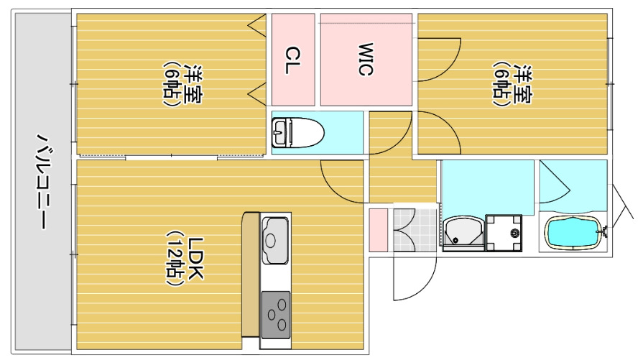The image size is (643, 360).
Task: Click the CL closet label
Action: [x=293, y=60]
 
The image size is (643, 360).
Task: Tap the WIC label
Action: [x=365, y=59]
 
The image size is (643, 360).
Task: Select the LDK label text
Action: [x=195, y=259]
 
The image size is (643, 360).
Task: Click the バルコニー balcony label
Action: [x=42, y=181]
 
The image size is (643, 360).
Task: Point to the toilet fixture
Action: [x=297, y=132]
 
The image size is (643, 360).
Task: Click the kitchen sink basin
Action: [x=275, y=241]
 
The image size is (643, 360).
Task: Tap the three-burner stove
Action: [x=276, y=315]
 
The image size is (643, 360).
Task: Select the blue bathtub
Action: [x=573, y=233]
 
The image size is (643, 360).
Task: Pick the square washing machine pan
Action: [x=504, y=233]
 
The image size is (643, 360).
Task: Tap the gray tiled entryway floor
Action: [x=415, y=230]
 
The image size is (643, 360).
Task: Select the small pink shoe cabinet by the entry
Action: [x=378, y=230]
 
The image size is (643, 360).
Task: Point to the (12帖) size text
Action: [x=175, y=259]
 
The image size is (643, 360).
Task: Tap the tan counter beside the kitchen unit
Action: [x=250, y=274]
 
